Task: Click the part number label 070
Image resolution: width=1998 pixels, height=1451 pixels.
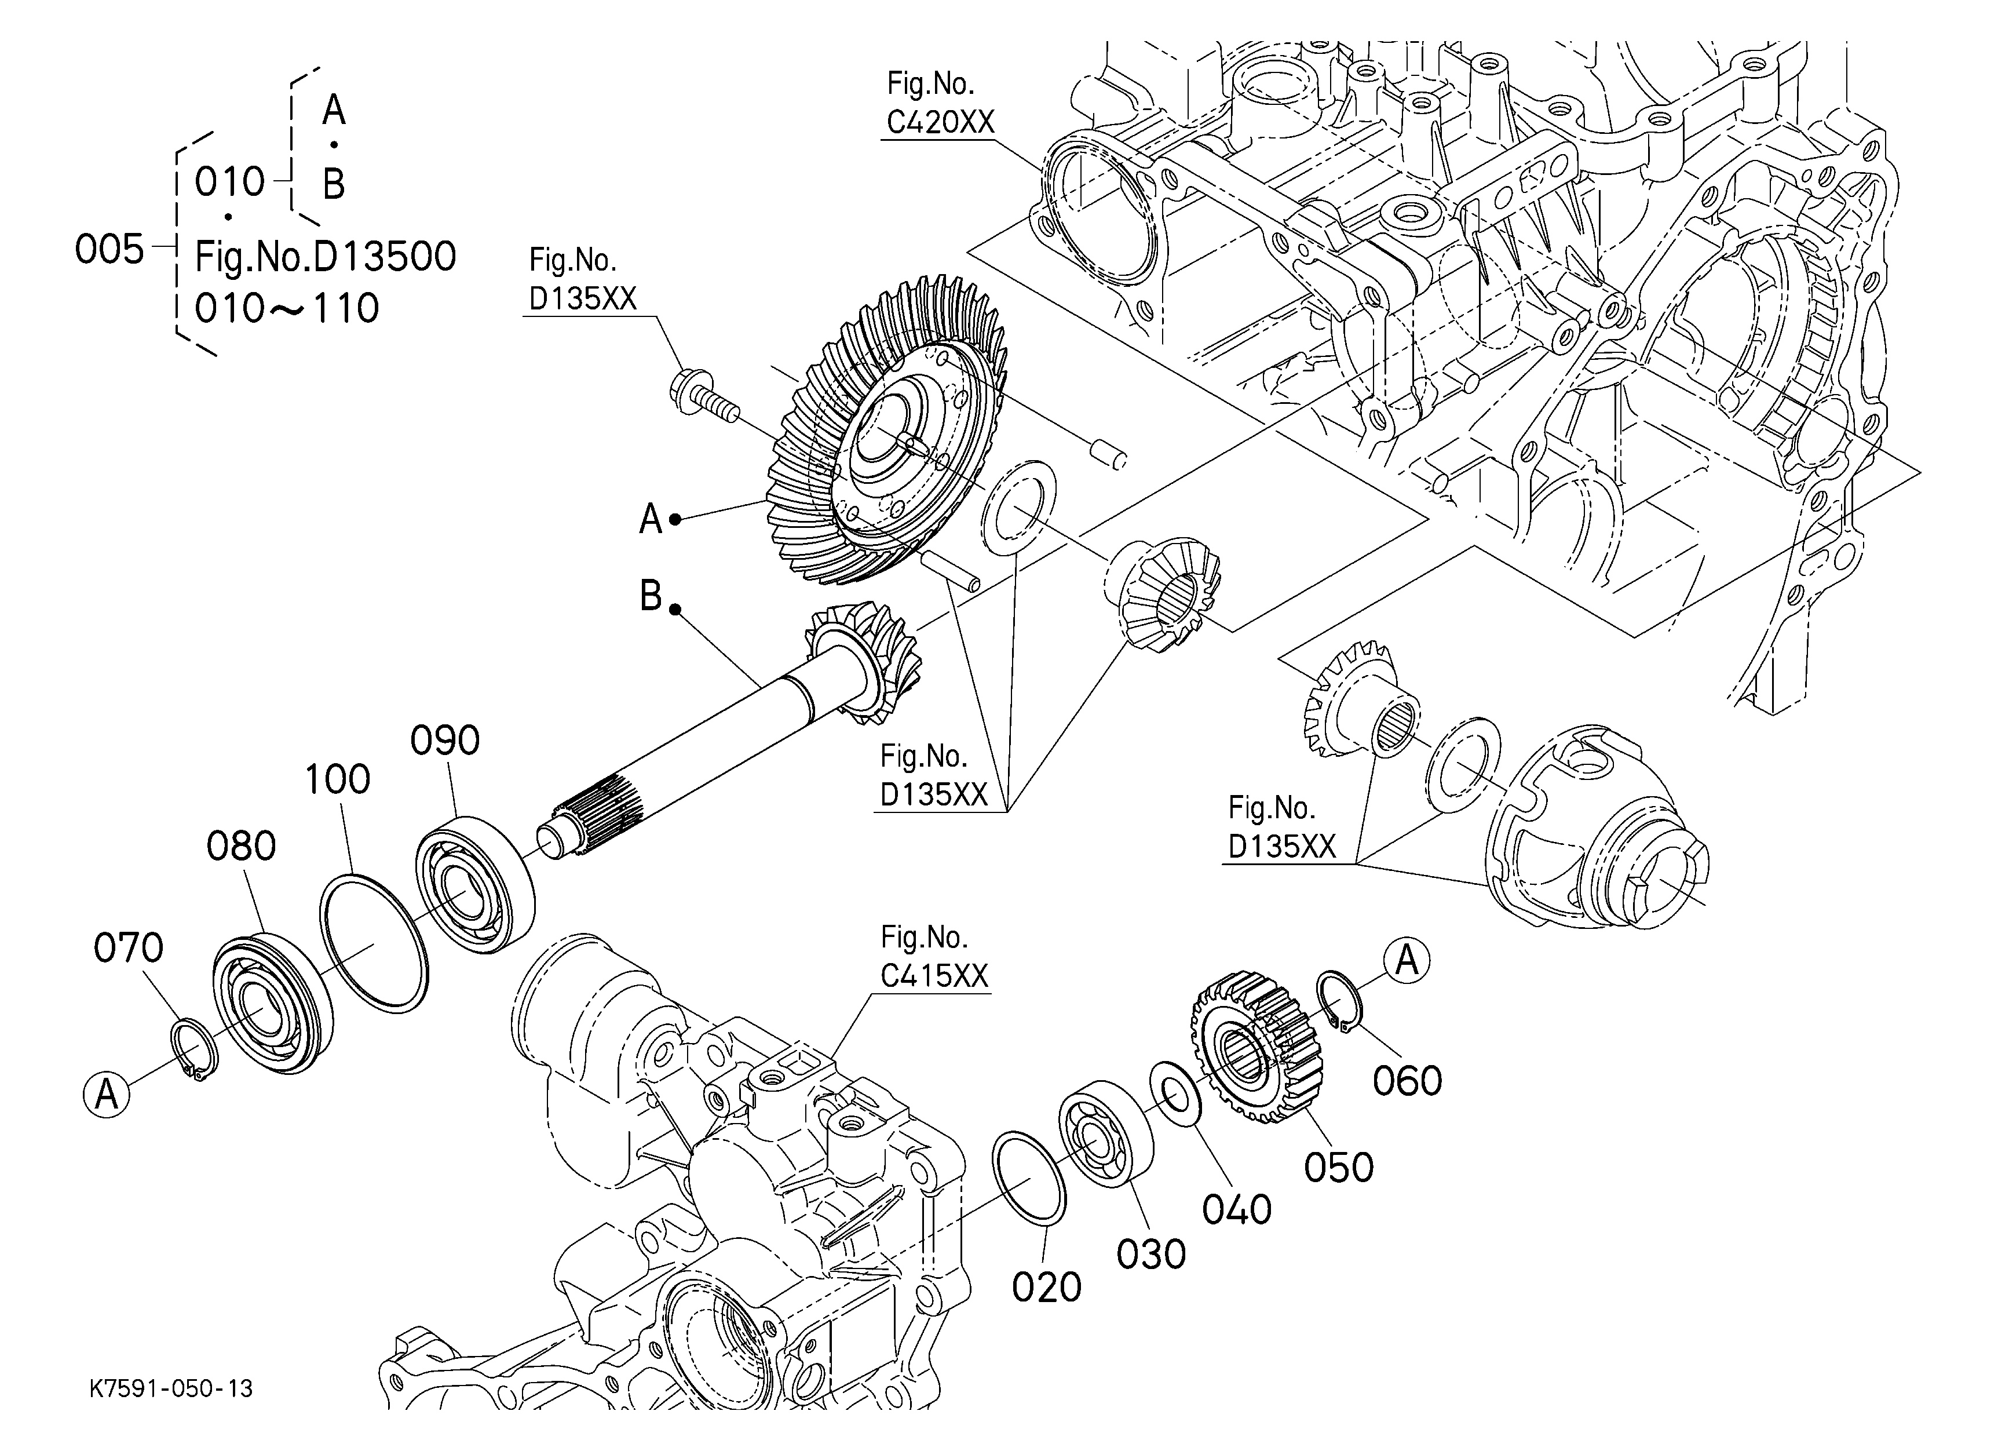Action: (129, 949)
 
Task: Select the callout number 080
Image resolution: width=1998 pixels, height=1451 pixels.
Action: (242, 847)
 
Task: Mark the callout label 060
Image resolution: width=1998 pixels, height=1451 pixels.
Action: (1408, 1081)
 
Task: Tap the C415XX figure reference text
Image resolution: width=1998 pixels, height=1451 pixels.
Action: (934, 975)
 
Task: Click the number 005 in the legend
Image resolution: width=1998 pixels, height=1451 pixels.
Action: (109, 250)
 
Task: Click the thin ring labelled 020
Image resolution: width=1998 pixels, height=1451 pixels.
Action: (1029, 1178)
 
